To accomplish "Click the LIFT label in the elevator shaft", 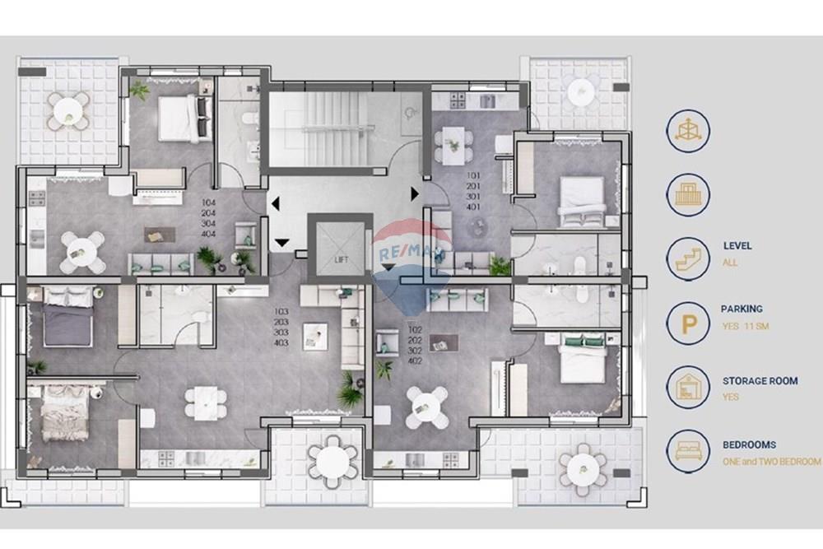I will [x=342, y=259].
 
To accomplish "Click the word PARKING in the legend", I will [x=742, y=309].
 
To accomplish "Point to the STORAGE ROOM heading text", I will [x=760, y=381].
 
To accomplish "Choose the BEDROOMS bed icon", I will [x=688, y=450].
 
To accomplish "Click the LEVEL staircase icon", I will [x=688, y=258].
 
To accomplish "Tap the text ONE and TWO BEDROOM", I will [x=771, y=462].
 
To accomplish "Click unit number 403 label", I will [x=281, y=343].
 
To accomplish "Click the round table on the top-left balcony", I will [x=69, y=109].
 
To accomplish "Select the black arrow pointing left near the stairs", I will [x=274, y=202].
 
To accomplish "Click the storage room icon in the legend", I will [x=688, y=388].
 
